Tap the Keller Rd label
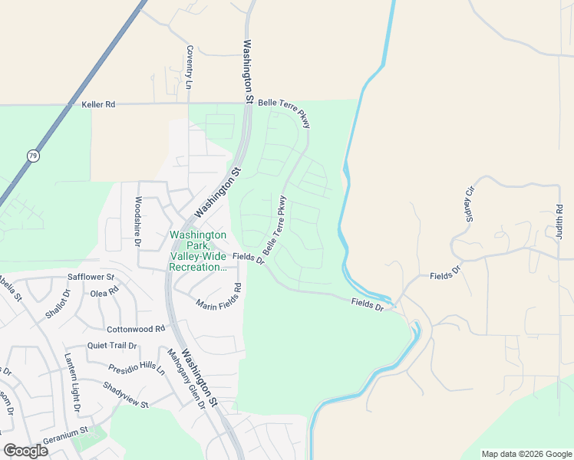click(x=98, y=103)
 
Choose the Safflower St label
click(x=91, y=277)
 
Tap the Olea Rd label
click(x=104, y=291)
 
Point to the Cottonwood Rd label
click(x=136, y=329)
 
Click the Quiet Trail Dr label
click(x=111, y=346)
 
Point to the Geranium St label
click(x=67, y=432)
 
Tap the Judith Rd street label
click(x=559, y=222)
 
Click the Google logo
click(x=25, y=451)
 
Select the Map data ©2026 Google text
click(x=526, y=454)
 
